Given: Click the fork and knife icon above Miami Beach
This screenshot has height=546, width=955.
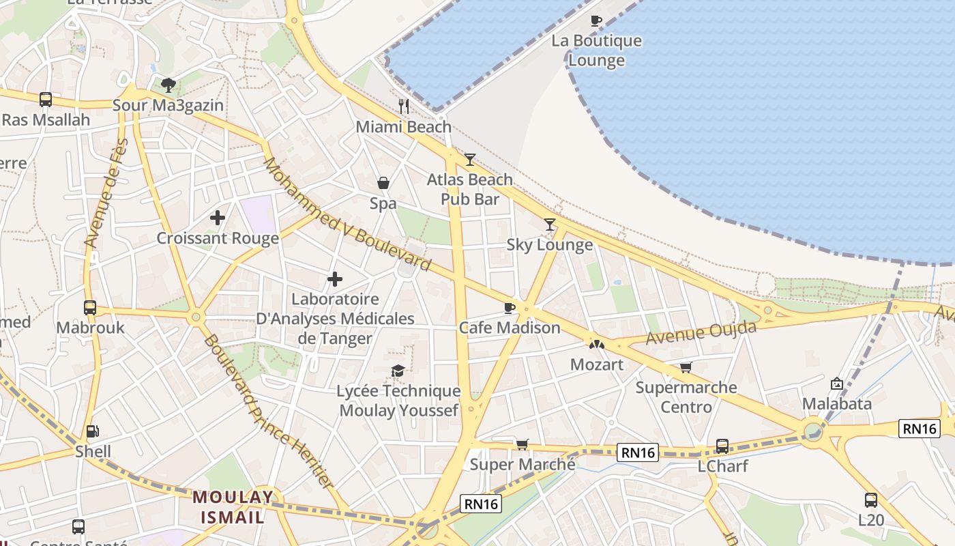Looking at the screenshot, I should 404,106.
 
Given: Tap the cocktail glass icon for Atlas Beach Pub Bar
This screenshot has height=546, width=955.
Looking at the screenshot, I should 469,160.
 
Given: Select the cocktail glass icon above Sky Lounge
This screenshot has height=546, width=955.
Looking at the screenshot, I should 549,225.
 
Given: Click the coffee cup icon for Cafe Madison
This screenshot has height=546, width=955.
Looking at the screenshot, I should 509,308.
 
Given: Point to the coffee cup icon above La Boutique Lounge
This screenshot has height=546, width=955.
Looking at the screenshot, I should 596,20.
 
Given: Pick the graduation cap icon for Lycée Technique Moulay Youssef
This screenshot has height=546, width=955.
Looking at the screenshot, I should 398,371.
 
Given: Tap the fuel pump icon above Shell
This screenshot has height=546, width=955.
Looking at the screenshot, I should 92,431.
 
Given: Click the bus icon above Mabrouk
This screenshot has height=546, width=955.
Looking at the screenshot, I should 90,308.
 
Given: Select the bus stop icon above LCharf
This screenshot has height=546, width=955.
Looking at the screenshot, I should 722,446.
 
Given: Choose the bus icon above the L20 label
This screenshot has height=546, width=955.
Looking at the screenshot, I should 871,500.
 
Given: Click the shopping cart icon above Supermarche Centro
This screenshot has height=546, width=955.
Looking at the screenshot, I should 686,368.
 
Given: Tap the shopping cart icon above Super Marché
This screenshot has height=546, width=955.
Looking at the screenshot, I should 522,444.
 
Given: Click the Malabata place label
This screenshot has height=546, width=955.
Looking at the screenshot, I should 836,403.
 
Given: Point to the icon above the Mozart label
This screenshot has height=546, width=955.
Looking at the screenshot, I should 597,345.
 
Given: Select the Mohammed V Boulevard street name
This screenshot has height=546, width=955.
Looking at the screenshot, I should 347,214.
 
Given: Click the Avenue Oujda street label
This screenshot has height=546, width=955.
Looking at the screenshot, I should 701,333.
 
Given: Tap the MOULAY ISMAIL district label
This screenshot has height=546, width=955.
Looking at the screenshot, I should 232,507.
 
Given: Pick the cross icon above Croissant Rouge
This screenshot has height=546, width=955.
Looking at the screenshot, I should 218,218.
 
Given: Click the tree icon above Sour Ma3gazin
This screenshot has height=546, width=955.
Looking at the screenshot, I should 168,85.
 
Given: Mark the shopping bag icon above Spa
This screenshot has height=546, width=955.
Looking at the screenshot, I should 383,183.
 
